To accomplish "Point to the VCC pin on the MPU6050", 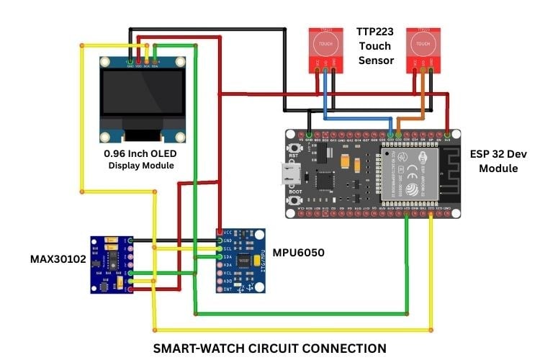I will (x=220, y=233).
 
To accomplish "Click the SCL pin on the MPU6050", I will (x=220, y=248).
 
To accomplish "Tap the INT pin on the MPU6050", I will (x=220, y=288).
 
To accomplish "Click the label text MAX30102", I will (x=55, y=258).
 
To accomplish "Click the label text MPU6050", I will (x=292, y=253).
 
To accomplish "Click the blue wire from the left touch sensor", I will (x=325, y=101).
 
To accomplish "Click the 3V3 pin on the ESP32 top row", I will (x=447, y=134).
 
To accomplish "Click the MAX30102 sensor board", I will (x=113, y=264).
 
